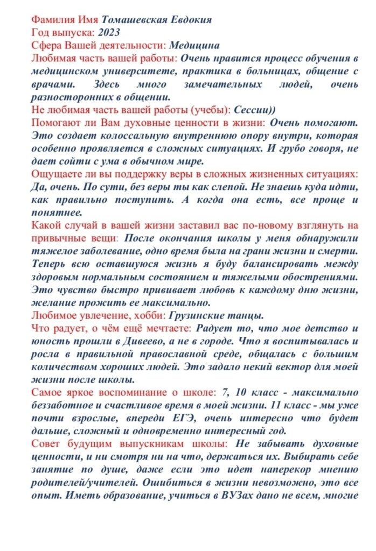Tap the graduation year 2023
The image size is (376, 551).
pyautogui.click(x=109, y=33)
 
